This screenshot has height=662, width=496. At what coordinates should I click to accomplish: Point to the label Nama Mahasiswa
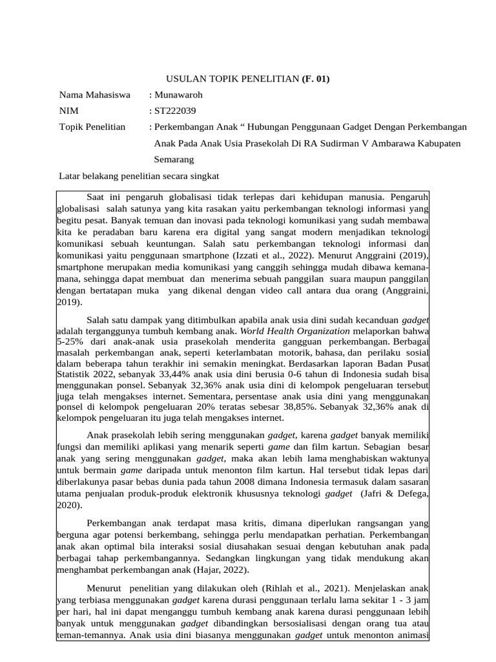pyautogui.click(x=94, y=95)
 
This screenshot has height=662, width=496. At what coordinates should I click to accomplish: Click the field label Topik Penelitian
pyautogui.click(x=92, y=127)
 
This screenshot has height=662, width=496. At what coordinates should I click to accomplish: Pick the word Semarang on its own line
pyautogui.click(x=174, y=158)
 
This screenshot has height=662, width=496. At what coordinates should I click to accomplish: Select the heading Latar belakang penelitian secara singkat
pyautogui.click(x=139, y=175)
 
